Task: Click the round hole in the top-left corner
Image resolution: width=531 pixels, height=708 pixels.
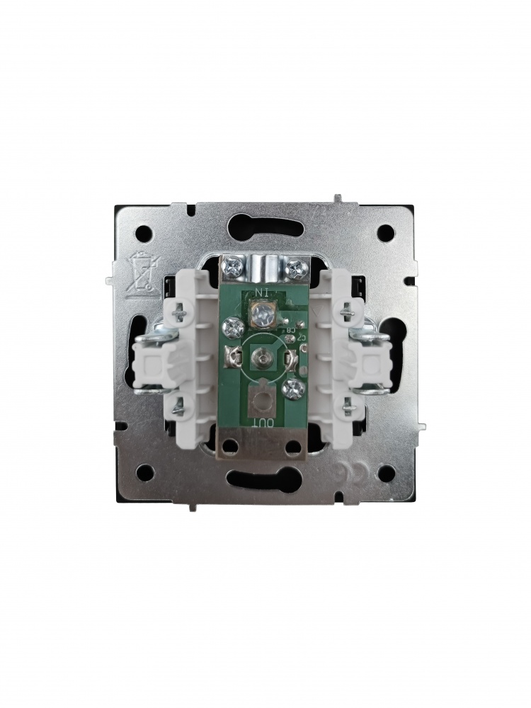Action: (x=145, y=231)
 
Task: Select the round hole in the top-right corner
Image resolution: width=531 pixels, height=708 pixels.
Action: (x=385, y=231)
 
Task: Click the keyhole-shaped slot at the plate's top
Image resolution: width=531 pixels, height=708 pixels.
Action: (x=265, y=224)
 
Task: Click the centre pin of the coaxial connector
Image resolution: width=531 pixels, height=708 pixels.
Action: (x=264, y=360)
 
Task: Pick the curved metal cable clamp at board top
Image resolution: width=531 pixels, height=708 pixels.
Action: (x=265, y=268)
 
